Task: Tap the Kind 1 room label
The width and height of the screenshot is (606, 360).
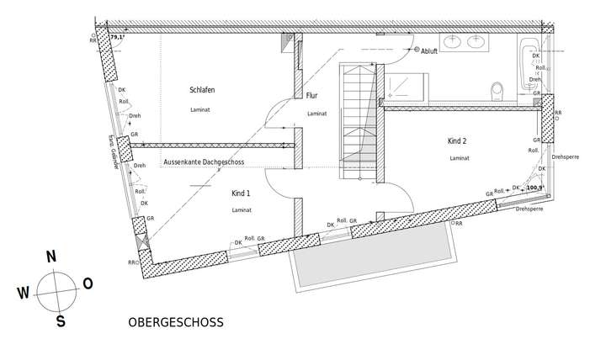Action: tap(242, 193)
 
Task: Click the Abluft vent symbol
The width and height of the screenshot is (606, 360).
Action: tap(417, 50)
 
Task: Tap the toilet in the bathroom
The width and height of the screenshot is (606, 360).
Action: tap(497, 88)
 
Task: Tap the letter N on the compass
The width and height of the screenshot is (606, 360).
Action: tap(50, 257)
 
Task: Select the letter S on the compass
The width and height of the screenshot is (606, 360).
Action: tap(61, 320)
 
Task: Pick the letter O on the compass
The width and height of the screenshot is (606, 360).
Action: tap(88, 284)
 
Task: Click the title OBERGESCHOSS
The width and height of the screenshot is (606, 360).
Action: tap(175, 323)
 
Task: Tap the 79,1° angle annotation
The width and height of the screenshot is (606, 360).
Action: tap(117, 38)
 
